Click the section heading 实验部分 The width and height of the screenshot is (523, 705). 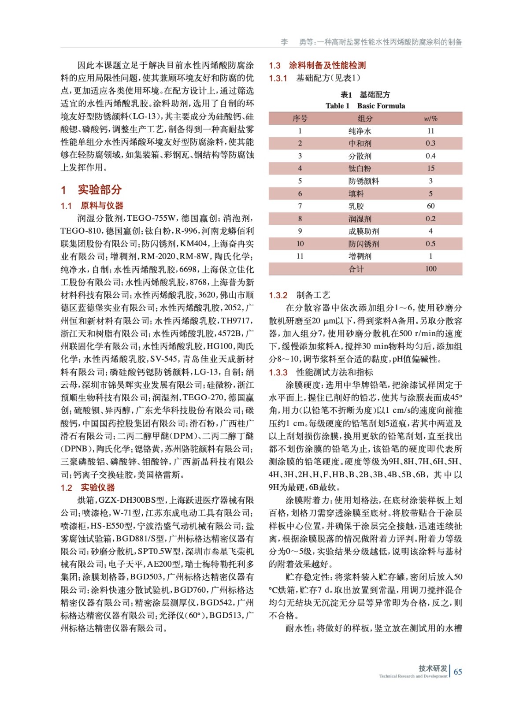(x=99, y=190)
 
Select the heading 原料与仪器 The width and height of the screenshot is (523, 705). (x=101, y=206)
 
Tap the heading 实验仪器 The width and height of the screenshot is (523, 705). (x=97, y=487)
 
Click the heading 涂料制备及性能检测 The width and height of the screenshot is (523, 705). (x=327, y=66)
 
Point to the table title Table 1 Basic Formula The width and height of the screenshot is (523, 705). (x=365, y=106)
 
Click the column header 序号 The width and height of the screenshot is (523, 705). (x=300, y=119)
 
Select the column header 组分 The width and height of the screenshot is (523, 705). (x=365, y=119)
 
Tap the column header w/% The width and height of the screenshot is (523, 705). (x=430, y=119)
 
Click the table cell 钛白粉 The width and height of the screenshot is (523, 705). (x=360, y=168)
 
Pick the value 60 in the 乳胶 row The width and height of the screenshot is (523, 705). (x=430, y=206)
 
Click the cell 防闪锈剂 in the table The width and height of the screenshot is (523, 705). (x=364, y=244)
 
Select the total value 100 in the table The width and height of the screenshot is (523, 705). (x=430, y=269)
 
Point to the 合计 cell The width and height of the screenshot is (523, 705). (x=356, y=269)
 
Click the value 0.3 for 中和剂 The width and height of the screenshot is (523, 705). (x=430, y=143)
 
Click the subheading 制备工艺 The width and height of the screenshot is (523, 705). (x=313, y=295)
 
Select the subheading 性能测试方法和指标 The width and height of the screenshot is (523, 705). (x=334, y=372)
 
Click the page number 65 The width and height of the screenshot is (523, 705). (x=458, y=672)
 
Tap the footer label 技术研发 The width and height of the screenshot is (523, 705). (x=433, y=668)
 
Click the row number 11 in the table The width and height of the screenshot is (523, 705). (x=300, y=256)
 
